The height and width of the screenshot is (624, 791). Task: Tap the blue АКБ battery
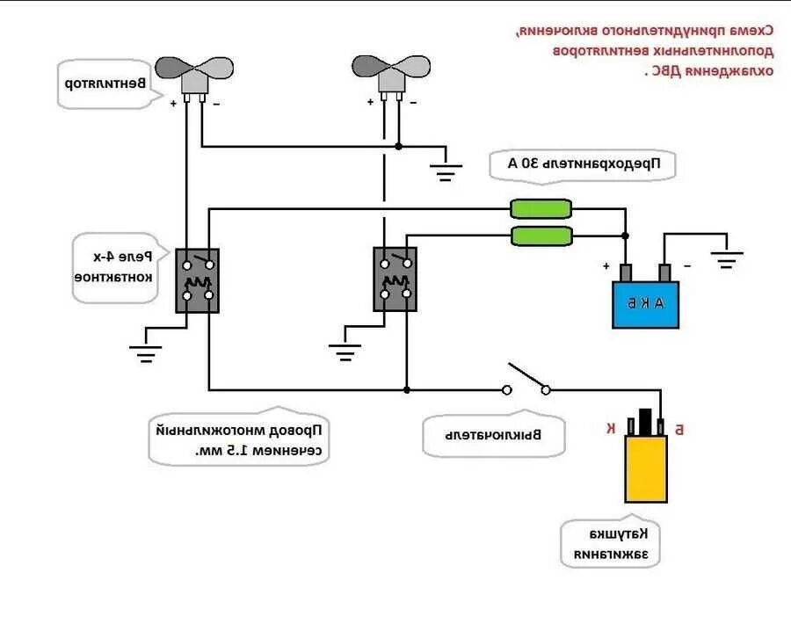[646, 304]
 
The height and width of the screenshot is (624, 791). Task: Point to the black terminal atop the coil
[645, 419]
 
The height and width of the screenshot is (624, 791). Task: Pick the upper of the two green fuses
[541, 208]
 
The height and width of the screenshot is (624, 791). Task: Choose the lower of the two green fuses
[541, 236]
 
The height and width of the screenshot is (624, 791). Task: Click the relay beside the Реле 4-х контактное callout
[197, 280]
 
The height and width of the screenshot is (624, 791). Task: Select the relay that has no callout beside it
[395, 279]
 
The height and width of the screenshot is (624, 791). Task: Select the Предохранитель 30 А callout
[581, 163]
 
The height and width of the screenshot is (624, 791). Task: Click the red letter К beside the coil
[610, 428]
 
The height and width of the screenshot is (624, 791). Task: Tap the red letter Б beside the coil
[680, 428]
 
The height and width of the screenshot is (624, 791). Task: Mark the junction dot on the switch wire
[406, 388]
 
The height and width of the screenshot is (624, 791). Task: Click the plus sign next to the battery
[606, 265]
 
